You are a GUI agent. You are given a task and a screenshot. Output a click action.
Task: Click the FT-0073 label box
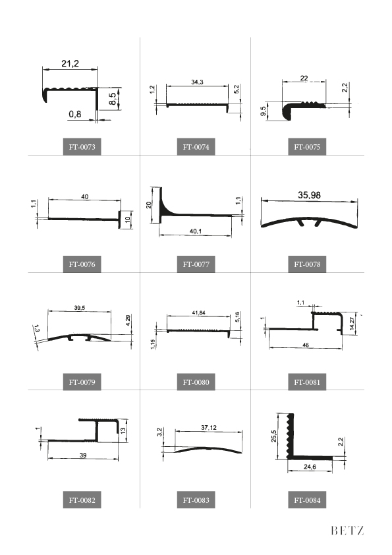[82, 146]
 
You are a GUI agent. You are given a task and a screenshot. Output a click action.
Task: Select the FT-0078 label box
[307, 264]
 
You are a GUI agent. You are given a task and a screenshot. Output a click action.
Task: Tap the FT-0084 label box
[307, 500]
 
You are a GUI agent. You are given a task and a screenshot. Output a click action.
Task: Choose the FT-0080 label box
[196, 382]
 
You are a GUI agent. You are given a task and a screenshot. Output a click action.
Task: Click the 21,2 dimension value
[70, 64]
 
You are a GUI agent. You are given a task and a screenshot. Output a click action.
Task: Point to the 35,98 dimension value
[309, 195]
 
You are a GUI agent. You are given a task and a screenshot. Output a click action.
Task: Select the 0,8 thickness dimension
[75, 114]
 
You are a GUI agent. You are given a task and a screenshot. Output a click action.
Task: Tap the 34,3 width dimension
[197, 82]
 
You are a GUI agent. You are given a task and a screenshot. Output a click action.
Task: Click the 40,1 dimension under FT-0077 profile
[195, 231]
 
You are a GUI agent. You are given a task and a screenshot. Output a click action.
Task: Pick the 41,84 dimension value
[198, 313]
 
